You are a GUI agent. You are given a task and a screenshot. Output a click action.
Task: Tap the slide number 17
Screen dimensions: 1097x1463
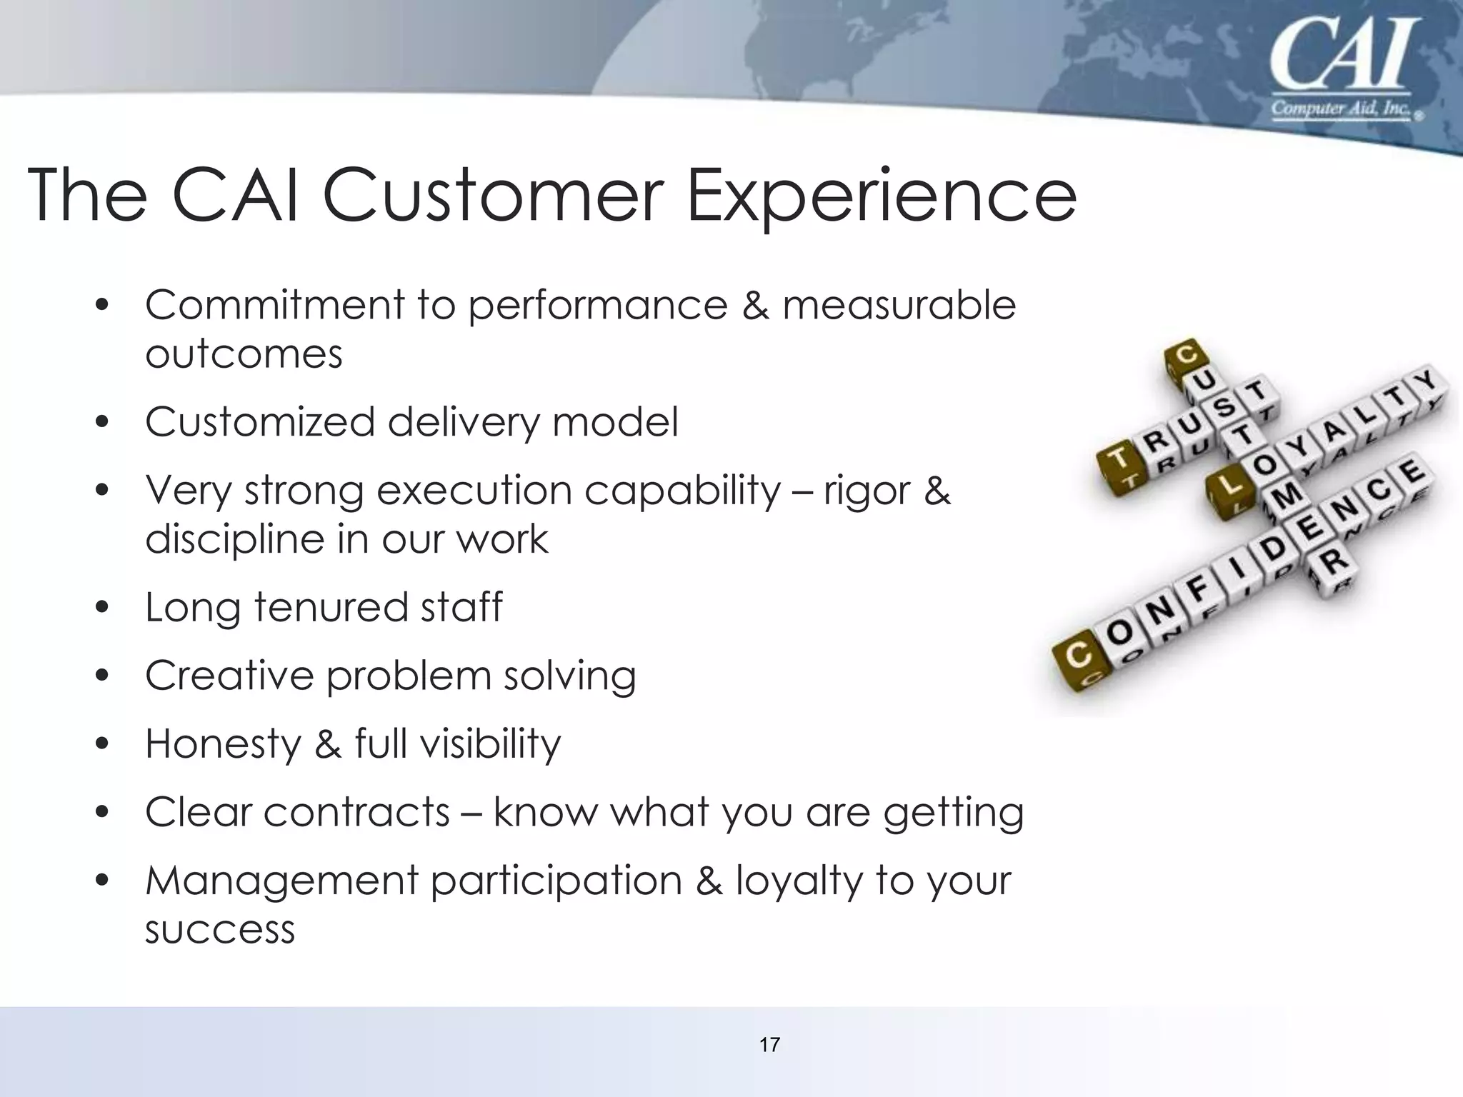(769, 1046)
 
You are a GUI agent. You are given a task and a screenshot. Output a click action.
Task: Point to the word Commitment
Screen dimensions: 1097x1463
(274, 306)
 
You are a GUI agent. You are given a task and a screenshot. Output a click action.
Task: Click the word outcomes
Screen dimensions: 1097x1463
(244, 354)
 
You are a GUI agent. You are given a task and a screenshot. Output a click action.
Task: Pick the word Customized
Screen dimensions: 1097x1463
(259, 422)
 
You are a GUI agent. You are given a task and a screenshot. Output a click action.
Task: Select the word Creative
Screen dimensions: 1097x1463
(229, 675)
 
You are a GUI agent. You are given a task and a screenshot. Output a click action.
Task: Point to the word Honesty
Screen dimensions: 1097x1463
(223, 743)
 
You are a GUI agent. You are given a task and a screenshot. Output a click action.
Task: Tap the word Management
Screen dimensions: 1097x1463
(281, 881)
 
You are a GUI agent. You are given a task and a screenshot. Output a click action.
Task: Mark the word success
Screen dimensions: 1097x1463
(220, 929)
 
